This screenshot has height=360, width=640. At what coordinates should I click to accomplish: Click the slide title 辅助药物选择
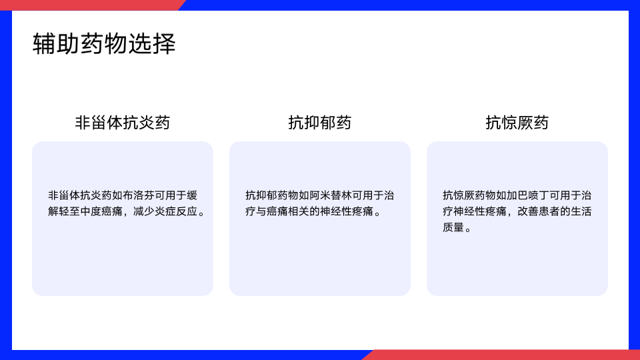tap(104, 44)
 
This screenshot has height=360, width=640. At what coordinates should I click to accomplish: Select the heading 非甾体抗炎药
tap(123, 123)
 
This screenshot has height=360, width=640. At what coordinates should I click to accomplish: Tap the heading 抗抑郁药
tap(319, 123)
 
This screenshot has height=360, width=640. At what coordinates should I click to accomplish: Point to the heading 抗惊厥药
tap(517, 123)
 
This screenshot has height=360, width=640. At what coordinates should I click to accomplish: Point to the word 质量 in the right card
tap(453, 227)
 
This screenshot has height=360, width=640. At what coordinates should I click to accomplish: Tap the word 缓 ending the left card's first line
tap(192, 195)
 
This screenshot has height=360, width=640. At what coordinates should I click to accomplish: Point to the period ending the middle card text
tap(377, 213)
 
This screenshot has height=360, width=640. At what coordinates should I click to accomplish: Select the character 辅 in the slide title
tap(44, 44)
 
